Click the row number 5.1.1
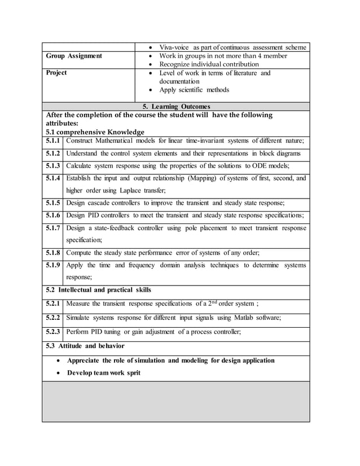click(52, 140)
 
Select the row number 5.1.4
click(52, 178)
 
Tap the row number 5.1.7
click(52, 228)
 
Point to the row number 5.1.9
click(52, 265)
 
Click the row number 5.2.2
click(52, 318)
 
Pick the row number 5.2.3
click(52, 332)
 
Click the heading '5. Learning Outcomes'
click(176, 106)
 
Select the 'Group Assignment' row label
click(74, 56)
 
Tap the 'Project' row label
click(56, 73)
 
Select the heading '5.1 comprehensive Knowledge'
click(95, 131)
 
